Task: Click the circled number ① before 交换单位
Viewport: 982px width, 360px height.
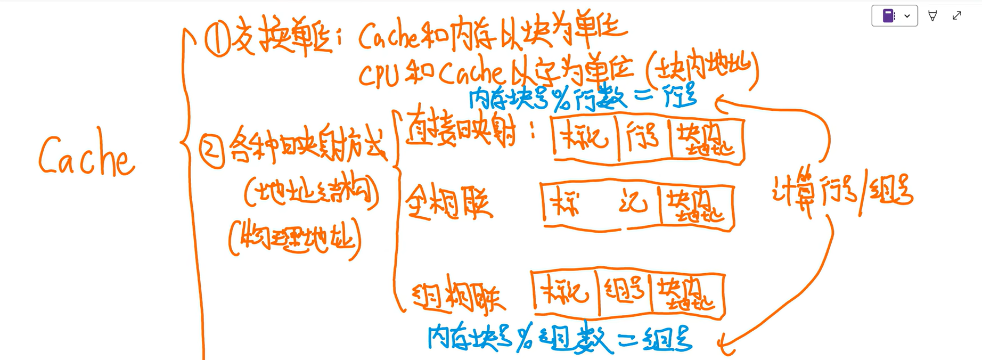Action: point(217,40)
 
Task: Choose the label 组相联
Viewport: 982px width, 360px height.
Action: point(459,294)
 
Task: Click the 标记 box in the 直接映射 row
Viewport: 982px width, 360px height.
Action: point(586,138)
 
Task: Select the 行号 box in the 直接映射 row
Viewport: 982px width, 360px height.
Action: point(644,138)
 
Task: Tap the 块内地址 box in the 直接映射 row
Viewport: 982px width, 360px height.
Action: point(705,140)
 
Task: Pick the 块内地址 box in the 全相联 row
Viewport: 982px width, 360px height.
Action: point(695,207)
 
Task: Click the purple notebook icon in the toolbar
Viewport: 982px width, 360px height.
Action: point(888,16)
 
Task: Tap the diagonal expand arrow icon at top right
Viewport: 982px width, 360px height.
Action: point(957,16)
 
